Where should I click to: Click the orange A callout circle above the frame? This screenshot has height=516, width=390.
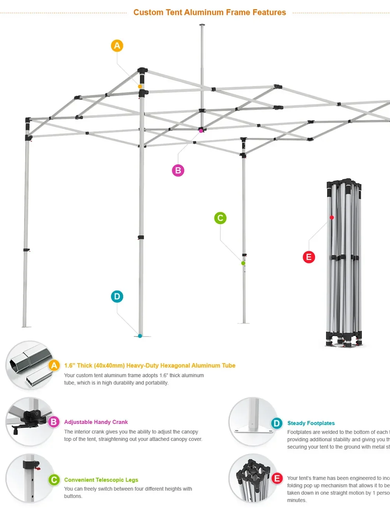click(x=117, y=46)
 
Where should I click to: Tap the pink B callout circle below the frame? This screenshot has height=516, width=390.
click(x=178, y=170)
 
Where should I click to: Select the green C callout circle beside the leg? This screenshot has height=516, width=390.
click(x=220, y=218)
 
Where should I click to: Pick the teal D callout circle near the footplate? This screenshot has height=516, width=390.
click(x=117, y=296)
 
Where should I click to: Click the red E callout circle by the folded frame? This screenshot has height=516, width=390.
click(x=309, y=257)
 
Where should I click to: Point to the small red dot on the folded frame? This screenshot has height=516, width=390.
click(x=331, y=217)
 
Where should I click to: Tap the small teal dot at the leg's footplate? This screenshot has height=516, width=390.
click(x=140, y=336)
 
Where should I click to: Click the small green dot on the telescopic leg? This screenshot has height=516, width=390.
click(x=243, y=263)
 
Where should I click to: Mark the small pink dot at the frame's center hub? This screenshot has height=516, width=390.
click(x=201, y=130)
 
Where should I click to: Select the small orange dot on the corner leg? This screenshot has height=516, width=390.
click(x=140, y=87)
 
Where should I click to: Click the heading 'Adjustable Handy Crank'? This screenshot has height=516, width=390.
click(x=96, y=422)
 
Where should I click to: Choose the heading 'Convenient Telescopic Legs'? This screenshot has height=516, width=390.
click(x=101, y=480)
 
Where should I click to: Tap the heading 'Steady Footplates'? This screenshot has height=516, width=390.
click(x=311, y=423)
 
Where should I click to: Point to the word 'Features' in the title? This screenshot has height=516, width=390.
click(x=269, y=12)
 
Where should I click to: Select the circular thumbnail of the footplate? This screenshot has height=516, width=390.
click(x=253, y=422)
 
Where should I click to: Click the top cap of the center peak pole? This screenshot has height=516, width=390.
click(x=202, y=25)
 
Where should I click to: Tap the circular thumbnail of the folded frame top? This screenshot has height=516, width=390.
click(x=253, y=478)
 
